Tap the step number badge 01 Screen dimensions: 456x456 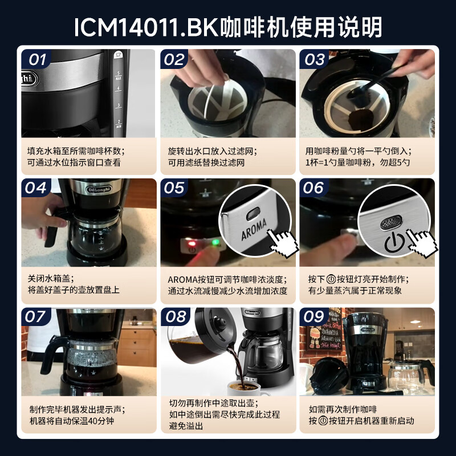pos(37,59)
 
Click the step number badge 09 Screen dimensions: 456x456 pos(314,317)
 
